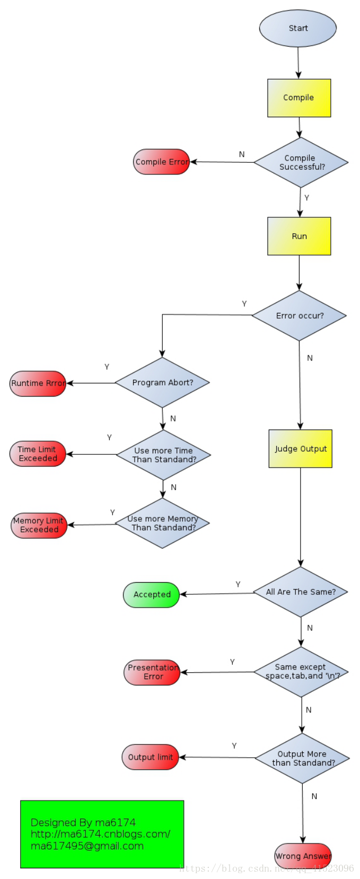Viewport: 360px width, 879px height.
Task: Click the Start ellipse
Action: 297,28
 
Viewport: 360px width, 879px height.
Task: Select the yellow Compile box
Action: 298,98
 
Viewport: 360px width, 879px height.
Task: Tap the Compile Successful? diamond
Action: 301,162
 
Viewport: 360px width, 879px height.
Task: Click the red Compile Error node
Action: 161,162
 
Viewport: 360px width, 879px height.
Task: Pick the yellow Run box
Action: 299,236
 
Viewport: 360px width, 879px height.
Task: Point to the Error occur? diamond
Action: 299,315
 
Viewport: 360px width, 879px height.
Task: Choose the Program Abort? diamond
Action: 162,382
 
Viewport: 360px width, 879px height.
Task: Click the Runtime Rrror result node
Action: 38,383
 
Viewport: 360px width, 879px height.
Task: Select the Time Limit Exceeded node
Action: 38,454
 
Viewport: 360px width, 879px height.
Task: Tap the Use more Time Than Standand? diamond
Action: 163,455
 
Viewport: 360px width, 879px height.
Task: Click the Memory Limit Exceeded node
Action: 39,525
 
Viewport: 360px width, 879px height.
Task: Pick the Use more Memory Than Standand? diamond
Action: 162,523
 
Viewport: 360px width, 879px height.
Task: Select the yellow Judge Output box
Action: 300,449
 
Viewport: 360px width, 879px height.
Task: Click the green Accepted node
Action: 152,594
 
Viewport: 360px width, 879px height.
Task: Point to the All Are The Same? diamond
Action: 301,592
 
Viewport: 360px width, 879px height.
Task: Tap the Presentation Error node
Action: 152,672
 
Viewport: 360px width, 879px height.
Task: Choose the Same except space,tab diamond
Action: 301,672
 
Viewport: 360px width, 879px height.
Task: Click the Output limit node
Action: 150,757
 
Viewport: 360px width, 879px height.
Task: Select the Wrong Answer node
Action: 303,856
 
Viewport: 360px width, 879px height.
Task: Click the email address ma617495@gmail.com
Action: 87,846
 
